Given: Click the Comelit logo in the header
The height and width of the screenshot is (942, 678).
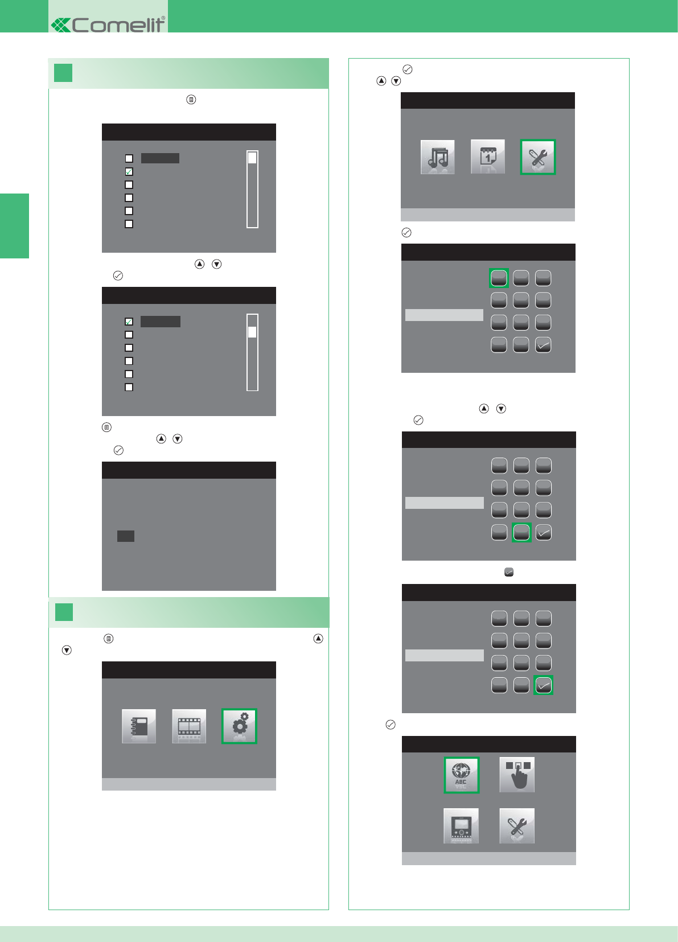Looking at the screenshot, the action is pyautogui.click(x=108, y=24).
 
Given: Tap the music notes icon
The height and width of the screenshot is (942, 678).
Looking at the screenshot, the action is pyautogui.click(x=437, y=157).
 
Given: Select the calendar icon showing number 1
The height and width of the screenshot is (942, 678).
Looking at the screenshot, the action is pyautogui.click(x=488, y=157).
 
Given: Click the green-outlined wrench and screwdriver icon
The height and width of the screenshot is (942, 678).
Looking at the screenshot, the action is pyautogui.click(x=538, y=157).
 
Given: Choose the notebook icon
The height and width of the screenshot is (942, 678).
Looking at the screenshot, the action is pyautogui.click(x=139, y=726).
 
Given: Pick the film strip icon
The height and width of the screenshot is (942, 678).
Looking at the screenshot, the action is pyautogui.click(x=189, y=726).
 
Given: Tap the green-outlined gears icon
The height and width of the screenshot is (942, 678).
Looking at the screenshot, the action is pyautogui.click(x=239, y=726).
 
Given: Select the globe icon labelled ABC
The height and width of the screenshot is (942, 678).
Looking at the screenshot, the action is pyautogui.click(x=461, y=775).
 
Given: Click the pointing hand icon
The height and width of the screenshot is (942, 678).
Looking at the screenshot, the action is pyautogui.click(x=517, y=775).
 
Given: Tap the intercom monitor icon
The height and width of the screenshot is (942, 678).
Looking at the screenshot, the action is pyautogui.click(x=461, y=826).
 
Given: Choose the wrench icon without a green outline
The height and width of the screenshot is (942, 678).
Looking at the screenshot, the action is pyautogui.click(x=517, y=826).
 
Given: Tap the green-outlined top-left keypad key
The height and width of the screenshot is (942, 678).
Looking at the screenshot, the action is pyautogui.click(x=499, y=278).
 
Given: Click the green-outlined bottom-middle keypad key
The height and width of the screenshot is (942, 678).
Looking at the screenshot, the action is pyautogui.click(x=521, y=532).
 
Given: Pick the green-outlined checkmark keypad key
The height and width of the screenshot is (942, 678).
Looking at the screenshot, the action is pyautogui.click(x=544, y=685).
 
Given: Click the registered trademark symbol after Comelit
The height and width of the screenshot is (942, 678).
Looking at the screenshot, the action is pyautogui.click(x=163, y=18).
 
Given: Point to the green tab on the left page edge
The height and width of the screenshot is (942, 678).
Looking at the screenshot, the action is pyautogui.click(x=14, y=226).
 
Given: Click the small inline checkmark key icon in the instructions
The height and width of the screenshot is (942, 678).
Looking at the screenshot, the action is pyautogui.click(x=509, y=572).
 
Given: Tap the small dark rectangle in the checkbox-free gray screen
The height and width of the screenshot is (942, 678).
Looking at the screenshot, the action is pyautogui.click(x=126, y=536).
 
